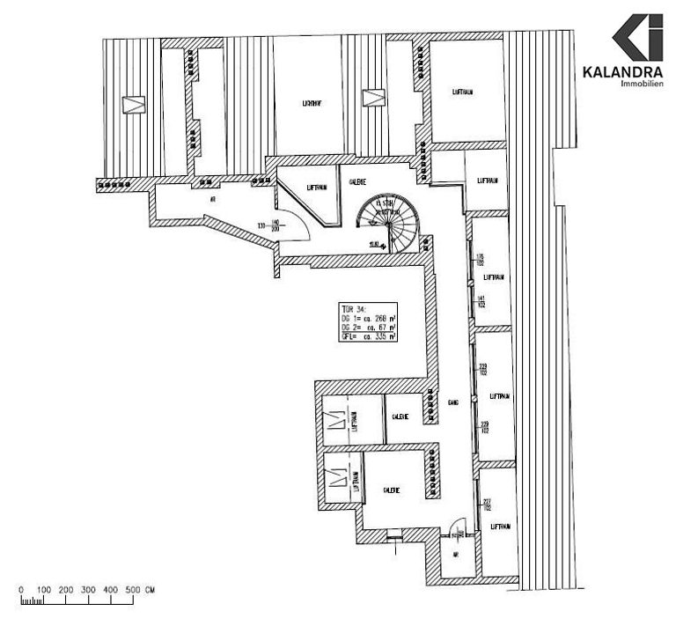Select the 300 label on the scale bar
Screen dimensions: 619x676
point(88,589)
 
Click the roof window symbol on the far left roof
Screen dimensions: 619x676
point(133,104)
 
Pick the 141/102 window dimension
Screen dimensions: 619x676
point(481,301)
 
